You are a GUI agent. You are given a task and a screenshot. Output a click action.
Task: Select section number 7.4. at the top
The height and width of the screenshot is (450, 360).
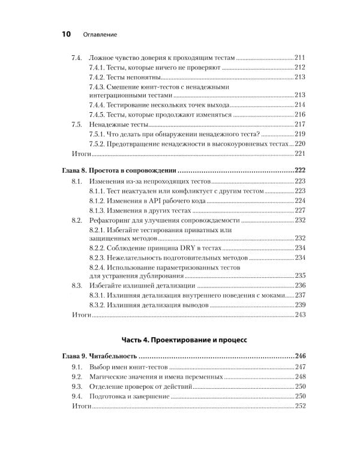pos(77,57)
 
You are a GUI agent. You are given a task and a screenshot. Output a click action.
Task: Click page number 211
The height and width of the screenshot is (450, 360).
pos(300,57)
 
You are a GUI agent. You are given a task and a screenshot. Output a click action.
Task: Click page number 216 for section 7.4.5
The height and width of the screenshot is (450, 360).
pos(300,114)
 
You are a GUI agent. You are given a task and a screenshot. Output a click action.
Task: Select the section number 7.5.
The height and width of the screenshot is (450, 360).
pos(77,124)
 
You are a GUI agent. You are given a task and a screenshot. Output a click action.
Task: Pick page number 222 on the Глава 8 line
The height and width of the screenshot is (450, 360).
pos(299,170)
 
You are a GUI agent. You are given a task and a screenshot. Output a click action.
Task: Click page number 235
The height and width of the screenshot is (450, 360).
pos(300,275)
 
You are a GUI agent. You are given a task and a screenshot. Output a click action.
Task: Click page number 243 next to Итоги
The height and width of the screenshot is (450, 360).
pos(300,314)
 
